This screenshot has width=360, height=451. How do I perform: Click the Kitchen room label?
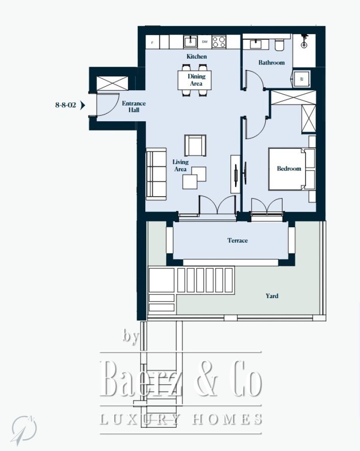[197, 56]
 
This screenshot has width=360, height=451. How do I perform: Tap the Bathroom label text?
[272, 62]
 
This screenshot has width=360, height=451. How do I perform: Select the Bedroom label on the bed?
[289, 169]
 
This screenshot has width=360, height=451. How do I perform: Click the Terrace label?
[237, 240]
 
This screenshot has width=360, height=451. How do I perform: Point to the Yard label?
[272, 296]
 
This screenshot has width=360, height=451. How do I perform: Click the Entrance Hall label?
[134, 106]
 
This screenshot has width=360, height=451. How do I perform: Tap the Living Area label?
[180, 166]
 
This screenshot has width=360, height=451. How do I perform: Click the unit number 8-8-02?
[65, 105]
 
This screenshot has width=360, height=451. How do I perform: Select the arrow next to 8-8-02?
[83, 105]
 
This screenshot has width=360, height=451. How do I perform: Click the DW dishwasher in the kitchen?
[205, 41]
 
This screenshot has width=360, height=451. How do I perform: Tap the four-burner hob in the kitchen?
[219, 41]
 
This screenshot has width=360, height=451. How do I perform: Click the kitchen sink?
[190, 41]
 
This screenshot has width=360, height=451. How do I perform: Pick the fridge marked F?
[152, 42]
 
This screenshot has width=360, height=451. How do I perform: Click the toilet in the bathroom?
[279, 45]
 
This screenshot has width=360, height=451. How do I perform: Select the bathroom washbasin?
[256, 44]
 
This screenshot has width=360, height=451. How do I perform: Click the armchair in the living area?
[195, 145]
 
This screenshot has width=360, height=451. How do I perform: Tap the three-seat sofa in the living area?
[156, 174]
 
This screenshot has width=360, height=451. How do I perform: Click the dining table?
[194, 80]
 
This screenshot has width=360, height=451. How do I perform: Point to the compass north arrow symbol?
[24, 429]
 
